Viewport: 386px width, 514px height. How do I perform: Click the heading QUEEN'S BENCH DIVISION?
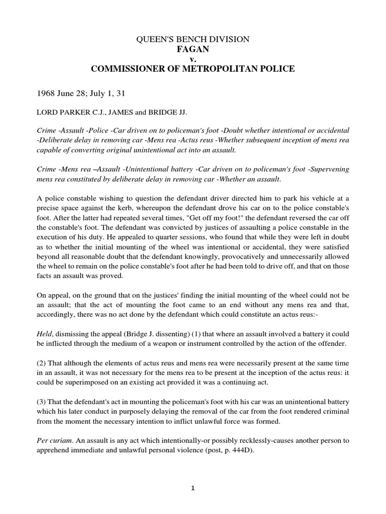coord(192,39)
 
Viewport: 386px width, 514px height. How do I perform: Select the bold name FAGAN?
coord(192,49)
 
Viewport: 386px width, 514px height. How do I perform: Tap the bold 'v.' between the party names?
coord(192,59)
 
